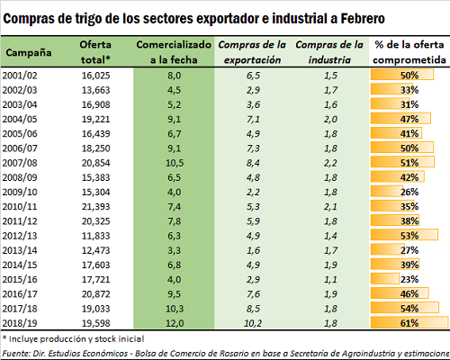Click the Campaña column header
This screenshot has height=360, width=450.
tap(29, 52)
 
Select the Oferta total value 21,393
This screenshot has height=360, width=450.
tap(96, 207)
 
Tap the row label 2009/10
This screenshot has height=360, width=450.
tap(20, 192)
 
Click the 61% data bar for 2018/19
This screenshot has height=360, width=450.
tap(409, 323)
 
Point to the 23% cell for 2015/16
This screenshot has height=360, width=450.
tap(409, 279)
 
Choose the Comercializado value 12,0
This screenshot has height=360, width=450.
tap(175, 323)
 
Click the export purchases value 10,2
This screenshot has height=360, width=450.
tap(253, 323)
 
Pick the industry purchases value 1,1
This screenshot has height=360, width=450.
tap(330, 279)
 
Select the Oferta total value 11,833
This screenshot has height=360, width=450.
tap(96, 236)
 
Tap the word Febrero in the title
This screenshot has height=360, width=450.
tap(363, 19)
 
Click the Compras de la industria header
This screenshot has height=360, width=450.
tap(329, 52)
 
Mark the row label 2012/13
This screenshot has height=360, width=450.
tap(20, 236)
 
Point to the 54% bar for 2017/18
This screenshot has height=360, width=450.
tap(405, 308)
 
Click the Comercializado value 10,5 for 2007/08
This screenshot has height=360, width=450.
tap(175, 163)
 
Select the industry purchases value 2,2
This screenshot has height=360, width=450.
tap(330, 163)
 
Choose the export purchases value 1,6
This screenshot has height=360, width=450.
tap(253, 250)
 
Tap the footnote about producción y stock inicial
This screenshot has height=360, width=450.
tap(74, 339)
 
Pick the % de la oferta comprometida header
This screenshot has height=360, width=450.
tap(409, 52)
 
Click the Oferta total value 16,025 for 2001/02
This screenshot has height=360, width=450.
tap(96, 76)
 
